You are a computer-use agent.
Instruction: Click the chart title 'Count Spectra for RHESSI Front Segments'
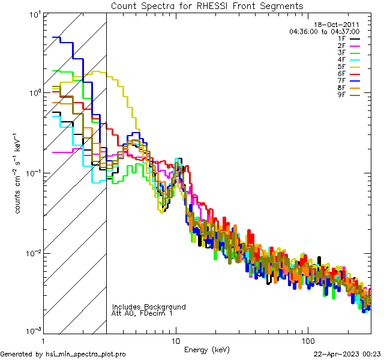(x=207, y=6)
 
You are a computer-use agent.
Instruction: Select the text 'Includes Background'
(x=149, y=307)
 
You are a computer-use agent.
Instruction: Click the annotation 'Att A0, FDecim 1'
(x=142, y=313)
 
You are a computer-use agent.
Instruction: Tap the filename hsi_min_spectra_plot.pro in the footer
(x=86, y=354)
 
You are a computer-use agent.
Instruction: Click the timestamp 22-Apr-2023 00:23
(x=347, y=354)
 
